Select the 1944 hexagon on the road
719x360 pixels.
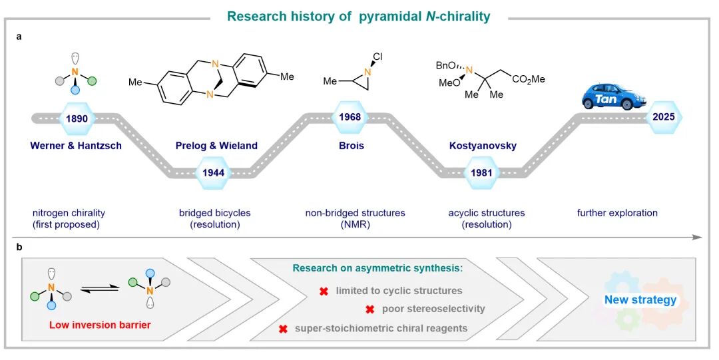pyautogui.click(x=214, y=172)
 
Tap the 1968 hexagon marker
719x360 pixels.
pyautogui.click(x=350, y=118)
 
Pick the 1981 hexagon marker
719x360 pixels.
pyautogui.click(x=481, y=172)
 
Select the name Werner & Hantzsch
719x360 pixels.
pyautogui.click(x=76, y=146)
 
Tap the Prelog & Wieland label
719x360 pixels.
pyautogui.click(x=216, y=146)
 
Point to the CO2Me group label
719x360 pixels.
pyautogui.click(x=529, y=79)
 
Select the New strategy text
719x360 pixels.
pyautogui.click(x=640, y=299)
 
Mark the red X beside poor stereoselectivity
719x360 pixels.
pyautogui.click(x=370, y=309)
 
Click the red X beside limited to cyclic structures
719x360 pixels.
pyautogui.click(x=324, y=291)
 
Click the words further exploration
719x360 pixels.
pyautogui.click(x=617, y=213)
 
